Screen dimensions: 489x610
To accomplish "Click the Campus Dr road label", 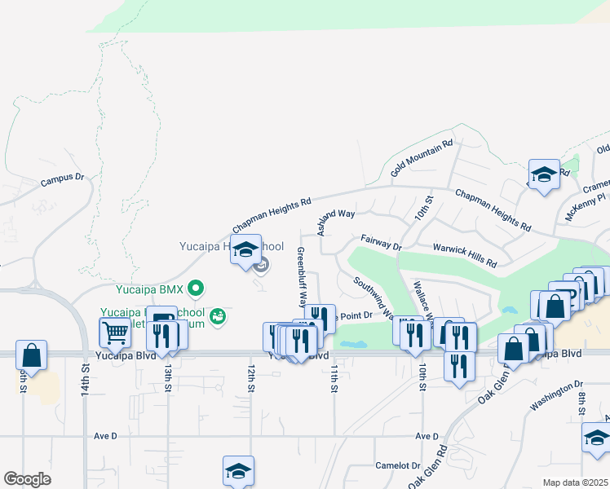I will (63, 178).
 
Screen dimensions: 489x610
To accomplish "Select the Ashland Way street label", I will (336, 221).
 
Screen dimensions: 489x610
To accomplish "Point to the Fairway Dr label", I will (382, 242).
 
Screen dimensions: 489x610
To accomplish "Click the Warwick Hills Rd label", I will (464, 253).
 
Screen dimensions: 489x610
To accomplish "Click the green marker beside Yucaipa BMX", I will (195, 288).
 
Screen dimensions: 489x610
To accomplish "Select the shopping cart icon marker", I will (115, 333).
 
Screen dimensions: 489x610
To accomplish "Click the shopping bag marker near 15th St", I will (31, 355).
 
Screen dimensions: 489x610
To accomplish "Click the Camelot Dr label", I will (396, 466).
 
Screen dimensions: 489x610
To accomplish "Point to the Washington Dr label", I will (557, 392).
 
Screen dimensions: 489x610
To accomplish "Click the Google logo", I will (28, 479).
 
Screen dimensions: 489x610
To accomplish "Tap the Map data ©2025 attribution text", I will (575, 482).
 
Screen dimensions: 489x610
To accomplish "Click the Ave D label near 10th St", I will (427, 436).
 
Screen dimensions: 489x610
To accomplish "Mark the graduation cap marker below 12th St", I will (238, 471).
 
